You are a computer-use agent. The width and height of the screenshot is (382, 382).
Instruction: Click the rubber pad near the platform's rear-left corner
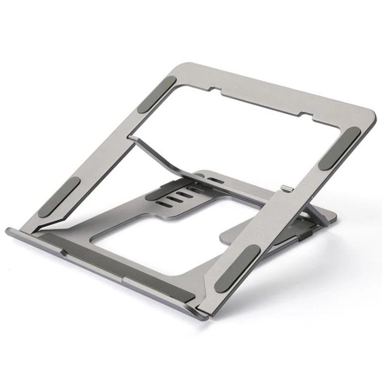coord(157,95)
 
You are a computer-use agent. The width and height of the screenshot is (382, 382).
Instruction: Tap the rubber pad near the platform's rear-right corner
coord(340,148)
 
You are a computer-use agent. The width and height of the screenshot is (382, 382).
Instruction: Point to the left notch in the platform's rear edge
coord(216,89)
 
